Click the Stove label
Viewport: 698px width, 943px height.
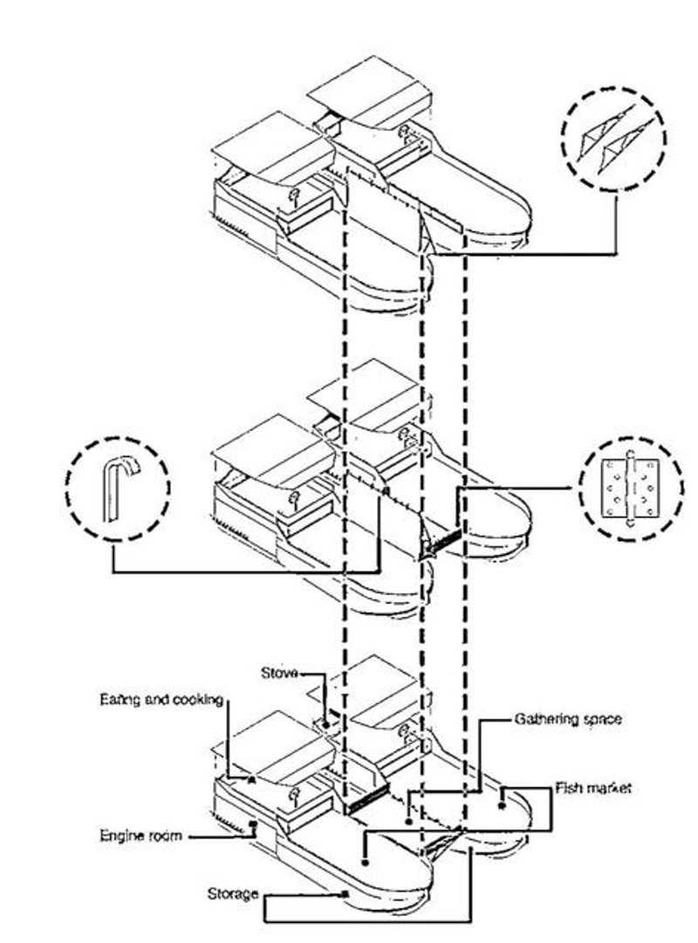pyautogui.click(x=279, y=673)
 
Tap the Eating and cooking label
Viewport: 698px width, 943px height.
pyautogui.click(x=161, y=700)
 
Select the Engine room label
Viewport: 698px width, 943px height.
pyautogui.click(x=140, y=836)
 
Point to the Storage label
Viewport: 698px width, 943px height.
pyautogui.click(x=233, y=893)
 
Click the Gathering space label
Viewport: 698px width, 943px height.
pyautogui.click(x=567, y=719)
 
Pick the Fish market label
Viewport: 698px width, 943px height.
pyautogui.click(x=592, y=788)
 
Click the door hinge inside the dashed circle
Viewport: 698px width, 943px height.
pyautogui.click(x=629, y=489)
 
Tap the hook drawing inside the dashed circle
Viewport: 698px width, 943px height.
pyautogui.click(x=120, y=489)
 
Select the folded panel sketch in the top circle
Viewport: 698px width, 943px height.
pyautogui.click(x=614, y=139)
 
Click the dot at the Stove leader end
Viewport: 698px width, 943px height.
pyautogui.click(x=326, y=725)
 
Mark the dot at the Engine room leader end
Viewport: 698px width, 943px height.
pyautogui.click(x=253, y=823)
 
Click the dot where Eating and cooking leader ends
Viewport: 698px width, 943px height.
pyautogui.click(x=251, y=779)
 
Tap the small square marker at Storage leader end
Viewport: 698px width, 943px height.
pyautogui.click(x=346, y=894)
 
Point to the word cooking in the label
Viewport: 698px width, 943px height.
pyautogui.click(x=198, y=700)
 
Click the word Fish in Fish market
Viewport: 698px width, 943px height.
pyautogui.click(x=567, y=788)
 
